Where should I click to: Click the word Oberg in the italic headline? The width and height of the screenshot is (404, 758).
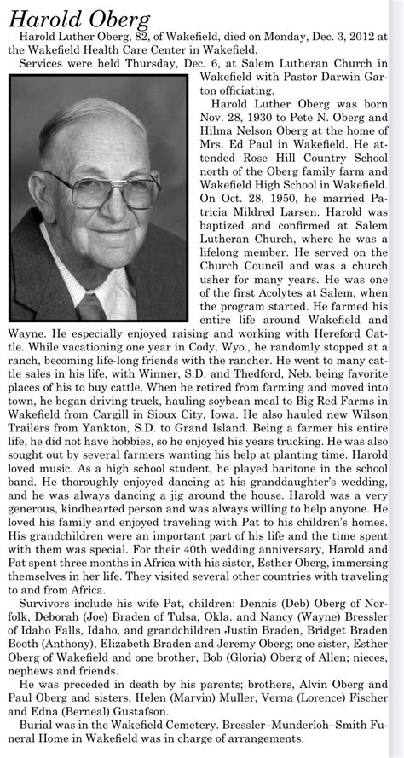point(121,19)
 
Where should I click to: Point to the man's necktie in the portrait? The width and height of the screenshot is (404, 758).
point(92,304)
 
